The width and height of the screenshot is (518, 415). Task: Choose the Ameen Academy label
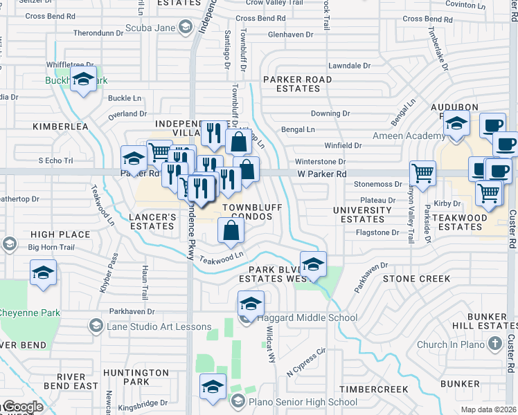point(409,136)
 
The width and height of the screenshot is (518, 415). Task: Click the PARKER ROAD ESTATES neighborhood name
point(297,84)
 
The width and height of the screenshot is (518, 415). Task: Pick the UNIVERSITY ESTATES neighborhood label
point(362,214)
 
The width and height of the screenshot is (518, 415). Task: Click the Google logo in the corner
point(22,407)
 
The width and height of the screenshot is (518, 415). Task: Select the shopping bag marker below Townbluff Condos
point(231,231)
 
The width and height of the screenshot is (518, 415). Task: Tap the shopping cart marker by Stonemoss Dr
point(422,172)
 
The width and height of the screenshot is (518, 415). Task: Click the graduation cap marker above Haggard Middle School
point(251,303)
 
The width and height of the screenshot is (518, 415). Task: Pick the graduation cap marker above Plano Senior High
point(213,387)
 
